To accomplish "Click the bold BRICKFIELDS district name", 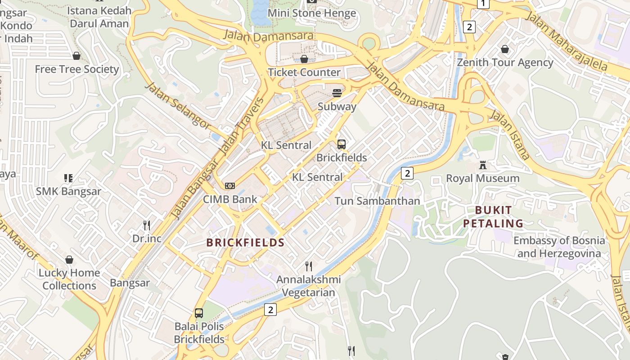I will tap(245, 243).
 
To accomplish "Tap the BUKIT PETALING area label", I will tap(493, 216).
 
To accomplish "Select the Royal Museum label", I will tap(482, 178).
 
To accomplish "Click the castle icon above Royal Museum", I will tap(483, 165).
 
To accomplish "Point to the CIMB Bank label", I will tap(230, 199).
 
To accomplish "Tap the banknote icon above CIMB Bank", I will tap(230, 186).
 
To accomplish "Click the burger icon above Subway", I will tap(337, 93).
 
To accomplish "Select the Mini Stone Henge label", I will tap(312, 13).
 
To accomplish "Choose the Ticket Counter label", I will tap(304, 72).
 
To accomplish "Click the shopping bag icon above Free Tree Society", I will tap(76, 56).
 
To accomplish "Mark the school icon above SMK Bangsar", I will tap(68, 178).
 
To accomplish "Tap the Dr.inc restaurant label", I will tap(147, 238).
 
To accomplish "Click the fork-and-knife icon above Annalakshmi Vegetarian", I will tap(309, 266).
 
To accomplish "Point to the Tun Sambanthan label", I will tap(377, 201).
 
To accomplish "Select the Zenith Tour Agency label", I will tap(505, 62).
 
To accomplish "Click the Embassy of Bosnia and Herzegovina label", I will tap(559, 247).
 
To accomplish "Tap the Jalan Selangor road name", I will tap(178, 105).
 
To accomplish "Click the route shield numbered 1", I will tap(483, 4).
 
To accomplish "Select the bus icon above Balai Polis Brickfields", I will tap(199, 313).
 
